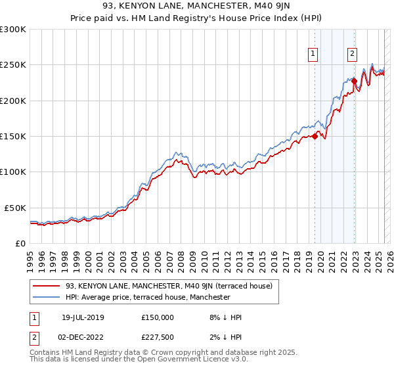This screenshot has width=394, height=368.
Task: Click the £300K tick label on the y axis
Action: (x=13, y=30)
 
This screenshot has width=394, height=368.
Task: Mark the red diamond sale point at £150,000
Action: (x=315, y=137)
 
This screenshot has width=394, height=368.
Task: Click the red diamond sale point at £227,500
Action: (x=354, y=81)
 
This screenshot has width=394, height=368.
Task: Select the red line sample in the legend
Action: (x=47, y=286)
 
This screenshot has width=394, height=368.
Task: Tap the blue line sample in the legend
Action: (x=47, y=297)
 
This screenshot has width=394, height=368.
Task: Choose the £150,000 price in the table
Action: (x=158, y=317)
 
